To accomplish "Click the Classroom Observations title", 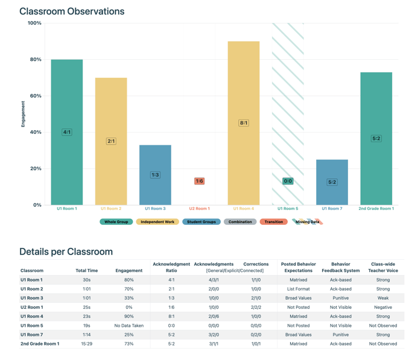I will (72, 11).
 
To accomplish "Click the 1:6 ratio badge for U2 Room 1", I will (199, 181).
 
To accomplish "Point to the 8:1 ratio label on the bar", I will (244, 123).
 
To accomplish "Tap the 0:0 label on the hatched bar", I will (288, 181).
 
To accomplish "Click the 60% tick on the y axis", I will (35, 96).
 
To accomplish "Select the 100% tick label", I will (34, 23).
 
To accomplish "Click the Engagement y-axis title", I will (24, 113).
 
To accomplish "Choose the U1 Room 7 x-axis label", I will (332, 209).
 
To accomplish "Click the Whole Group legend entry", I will (116, 222).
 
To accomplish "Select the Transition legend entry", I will (273, 222).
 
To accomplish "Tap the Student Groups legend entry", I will (201, 222).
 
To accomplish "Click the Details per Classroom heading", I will (66, 251).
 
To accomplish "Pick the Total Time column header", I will (87, 271).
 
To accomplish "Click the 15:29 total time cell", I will (87, 344).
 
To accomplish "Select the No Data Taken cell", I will (128, 326).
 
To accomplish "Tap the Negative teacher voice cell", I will (382, 308).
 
